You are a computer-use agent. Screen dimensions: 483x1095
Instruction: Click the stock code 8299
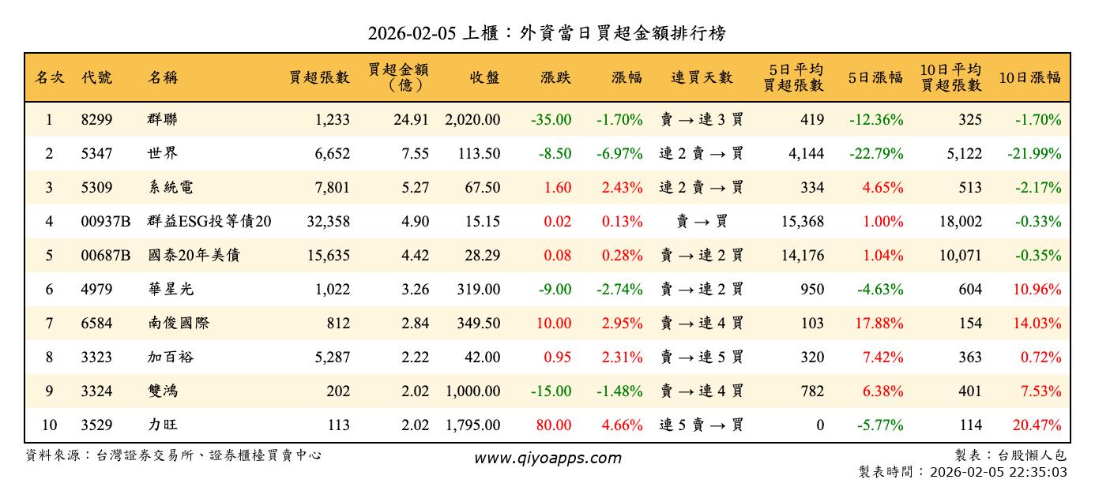pos(97,120)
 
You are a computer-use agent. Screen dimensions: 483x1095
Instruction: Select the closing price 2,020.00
pos(472,120)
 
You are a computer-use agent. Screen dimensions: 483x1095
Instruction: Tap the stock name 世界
pos(162,154)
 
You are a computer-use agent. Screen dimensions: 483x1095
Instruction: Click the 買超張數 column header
pos(319,77)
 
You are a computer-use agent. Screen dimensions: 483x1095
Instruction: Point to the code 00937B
pos(106,222)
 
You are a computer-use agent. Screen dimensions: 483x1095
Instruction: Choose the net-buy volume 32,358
pos(327,222)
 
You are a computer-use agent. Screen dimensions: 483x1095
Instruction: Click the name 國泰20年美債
pos(194,256)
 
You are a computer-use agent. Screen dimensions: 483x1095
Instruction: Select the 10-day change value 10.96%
pos(1037,290)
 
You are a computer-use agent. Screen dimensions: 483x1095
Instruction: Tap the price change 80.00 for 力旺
pos(553,425)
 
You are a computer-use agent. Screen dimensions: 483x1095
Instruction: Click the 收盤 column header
pos(484,77)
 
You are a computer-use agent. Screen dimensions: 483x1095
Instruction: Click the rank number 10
pos(49,425)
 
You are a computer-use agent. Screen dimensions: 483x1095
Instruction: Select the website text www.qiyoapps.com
pos(547,458)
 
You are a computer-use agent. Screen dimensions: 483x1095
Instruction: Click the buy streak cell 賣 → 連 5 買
pos(702,358)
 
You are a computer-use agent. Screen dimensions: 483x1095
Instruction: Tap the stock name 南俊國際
pos(179,324)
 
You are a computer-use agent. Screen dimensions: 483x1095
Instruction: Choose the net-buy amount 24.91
pos(414,120)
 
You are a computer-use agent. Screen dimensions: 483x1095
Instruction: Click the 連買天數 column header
pos(702,77)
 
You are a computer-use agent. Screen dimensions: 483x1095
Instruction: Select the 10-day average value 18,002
pos(958,222)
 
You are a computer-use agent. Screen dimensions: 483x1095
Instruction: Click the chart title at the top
pos(547,33)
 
